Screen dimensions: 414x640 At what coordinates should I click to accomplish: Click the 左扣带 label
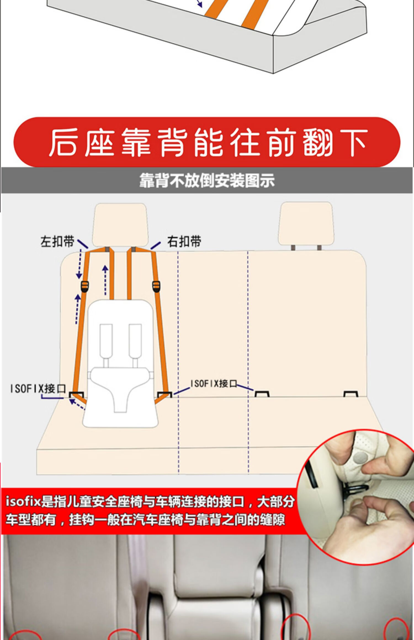point(57,242)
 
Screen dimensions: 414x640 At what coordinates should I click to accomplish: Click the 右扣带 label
point(184,242)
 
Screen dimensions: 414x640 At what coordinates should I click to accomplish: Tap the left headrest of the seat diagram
point(120,224)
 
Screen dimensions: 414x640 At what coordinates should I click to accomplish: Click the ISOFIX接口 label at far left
point(38,389)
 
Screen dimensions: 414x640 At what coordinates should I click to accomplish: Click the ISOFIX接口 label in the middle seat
point(214,383)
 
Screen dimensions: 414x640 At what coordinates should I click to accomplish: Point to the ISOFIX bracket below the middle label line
point(262,394)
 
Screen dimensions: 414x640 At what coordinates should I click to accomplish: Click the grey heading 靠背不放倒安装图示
point(207,181)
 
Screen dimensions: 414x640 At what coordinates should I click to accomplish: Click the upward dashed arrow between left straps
point(105,280)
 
